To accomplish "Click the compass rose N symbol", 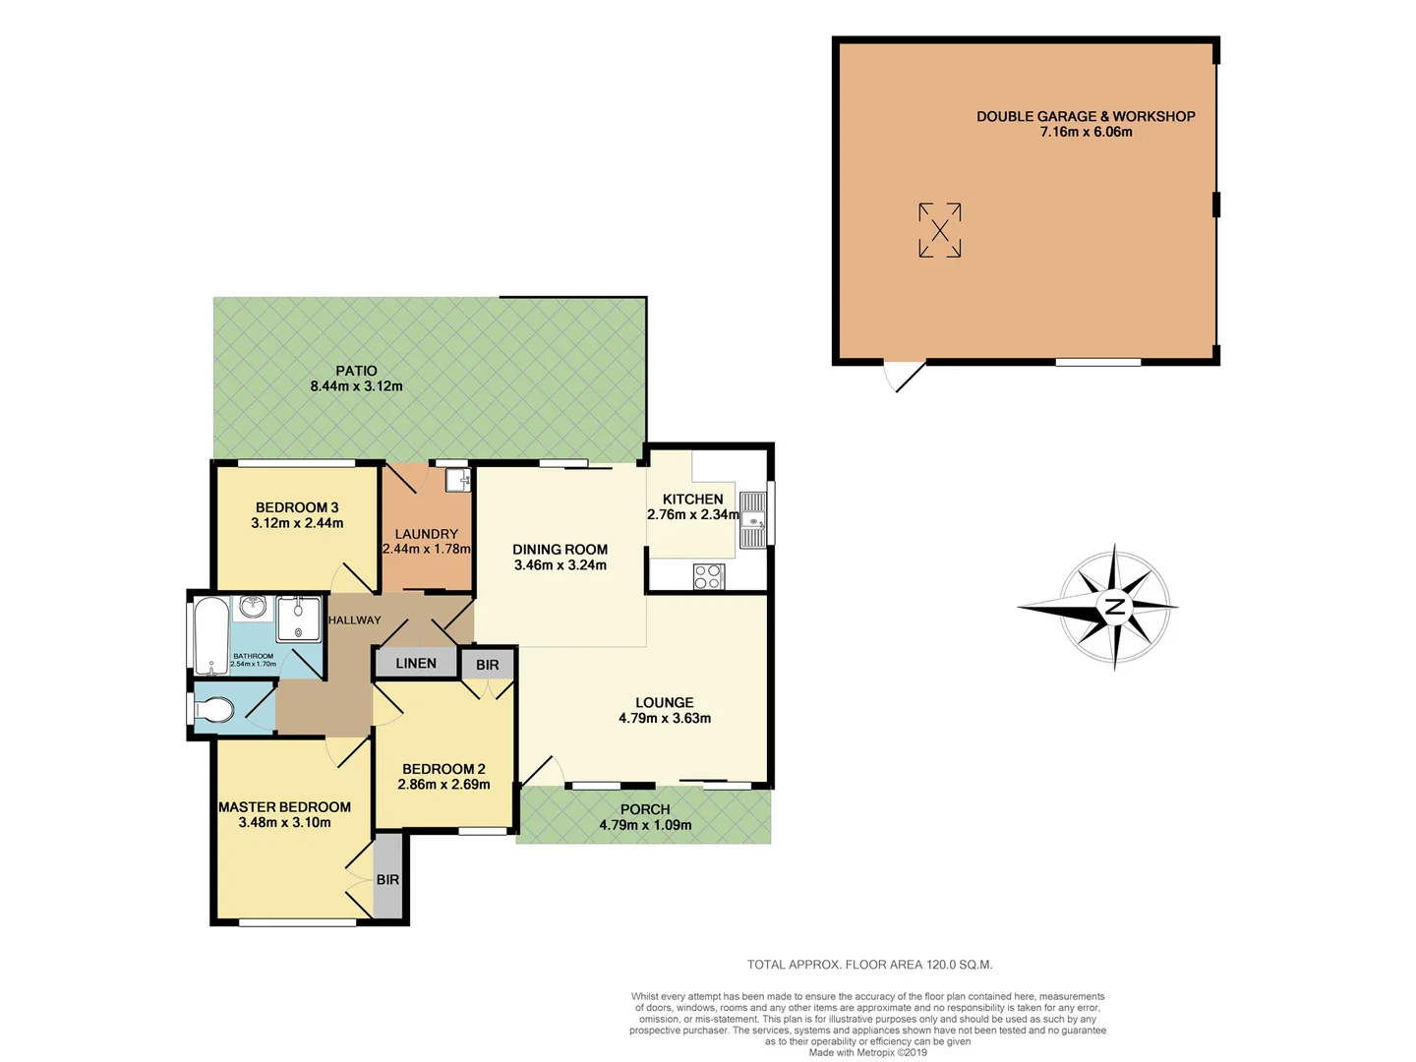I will click(1114, 607).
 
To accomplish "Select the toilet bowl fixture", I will click(214, 709).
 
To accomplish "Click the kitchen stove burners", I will click(708, 576).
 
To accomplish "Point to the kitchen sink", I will click(752, 520).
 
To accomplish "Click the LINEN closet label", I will click(416, 664).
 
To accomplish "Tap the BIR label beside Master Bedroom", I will click(387, 880).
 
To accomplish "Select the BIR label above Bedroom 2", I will click(488, 666).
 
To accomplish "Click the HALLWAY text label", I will click(354, 620).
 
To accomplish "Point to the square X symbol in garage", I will click(939, 230).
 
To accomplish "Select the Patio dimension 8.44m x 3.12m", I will click(356, 386).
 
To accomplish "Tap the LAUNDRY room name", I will click(426, 534).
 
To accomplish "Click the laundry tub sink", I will click(457, 481).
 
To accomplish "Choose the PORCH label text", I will click(645, 809).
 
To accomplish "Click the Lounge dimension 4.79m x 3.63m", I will click(665, 719).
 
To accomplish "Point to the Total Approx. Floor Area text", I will click(869, 965).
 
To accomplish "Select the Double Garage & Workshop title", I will click(1086, 116).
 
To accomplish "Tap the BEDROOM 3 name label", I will click(297, 507).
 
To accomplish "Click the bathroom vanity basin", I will click(253, 606).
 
